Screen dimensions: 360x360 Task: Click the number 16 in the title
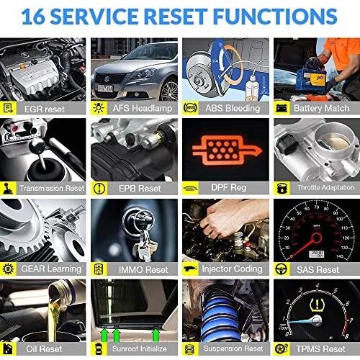33,17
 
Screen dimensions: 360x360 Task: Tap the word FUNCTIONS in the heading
275,17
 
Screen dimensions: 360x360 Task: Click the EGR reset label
45,109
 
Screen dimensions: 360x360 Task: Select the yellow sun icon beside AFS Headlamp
99,108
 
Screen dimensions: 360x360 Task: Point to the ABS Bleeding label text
233,108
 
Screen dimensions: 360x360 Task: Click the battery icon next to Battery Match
282,108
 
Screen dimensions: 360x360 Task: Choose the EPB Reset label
140,189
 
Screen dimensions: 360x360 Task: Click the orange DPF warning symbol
227,150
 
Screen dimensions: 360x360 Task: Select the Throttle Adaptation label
325,187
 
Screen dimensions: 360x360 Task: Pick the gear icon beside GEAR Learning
8,269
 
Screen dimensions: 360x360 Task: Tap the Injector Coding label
232,269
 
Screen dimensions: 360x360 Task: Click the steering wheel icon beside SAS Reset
282,269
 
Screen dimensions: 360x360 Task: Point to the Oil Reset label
44,348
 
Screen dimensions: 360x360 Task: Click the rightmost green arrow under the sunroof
156,335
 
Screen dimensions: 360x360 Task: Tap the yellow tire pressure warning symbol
317,305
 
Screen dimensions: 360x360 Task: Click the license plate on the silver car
105,89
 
